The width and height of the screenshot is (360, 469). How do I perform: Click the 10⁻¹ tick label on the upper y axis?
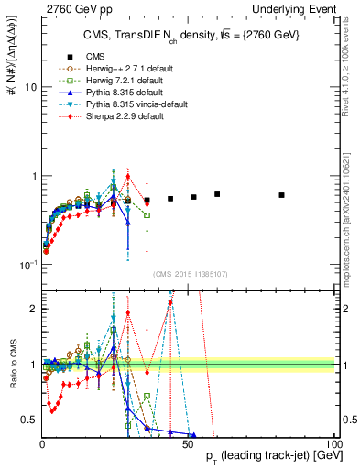[27, 265]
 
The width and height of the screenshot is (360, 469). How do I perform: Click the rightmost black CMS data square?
[281, 195]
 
